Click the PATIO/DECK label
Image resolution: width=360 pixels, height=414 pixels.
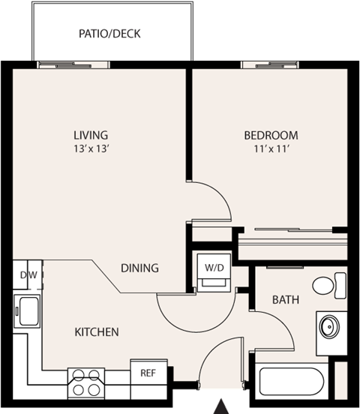(x=109, y=34)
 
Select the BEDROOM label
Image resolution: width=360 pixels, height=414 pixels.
(x=271, y=135)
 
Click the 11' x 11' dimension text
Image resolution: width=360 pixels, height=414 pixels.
(x=271, y=148)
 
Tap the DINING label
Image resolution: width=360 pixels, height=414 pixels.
(x=139, y=268)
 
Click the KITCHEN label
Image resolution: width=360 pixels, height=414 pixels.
(x=96, y=331)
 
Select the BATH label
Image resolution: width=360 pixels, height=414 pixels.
(x=285, y=300)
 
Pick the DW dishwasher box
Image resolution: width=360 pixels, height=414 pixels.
(x=28, y=274)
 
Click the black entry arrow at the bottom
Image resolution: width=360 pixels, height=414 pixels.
(x=221, y=406)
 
